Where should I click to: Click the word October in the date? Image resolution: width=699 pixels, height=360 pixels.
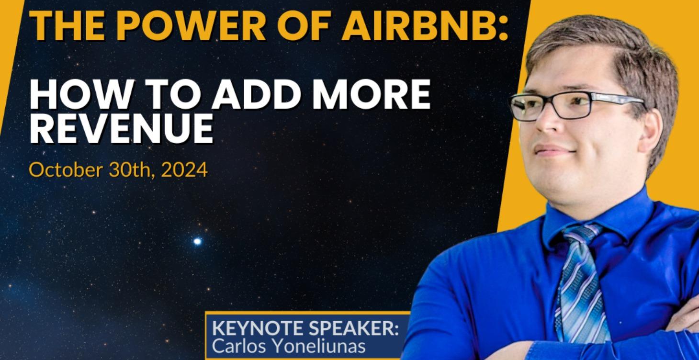point(60,170)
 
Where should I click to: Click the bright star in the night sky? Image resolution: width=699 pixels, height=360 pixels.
point(197,241)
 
